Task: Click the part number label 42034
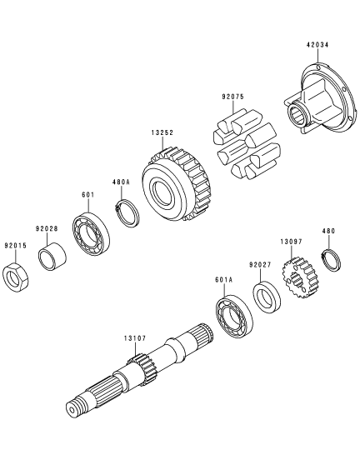pos(317,45)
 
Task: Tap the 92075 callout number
pos(233,97)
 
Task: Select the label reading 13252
pos(162,132)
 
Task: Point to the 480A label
pos(121,182)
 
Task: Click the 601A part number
pos(223,279)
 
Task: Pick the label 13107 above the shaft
pos(135,338)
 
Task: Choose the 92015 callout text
pos(15,245)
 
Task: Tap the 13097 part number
pos(291,242)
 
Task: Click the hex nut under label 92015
pos(15,277)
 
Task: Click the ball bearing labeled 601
pos(91,233)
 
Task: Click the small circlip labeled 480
pos(332,260)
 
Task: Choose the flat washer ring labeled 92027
pos(267,297)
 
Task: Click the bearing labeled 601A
pos(234,317)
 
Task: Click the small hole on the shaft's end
pos(72,409)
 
